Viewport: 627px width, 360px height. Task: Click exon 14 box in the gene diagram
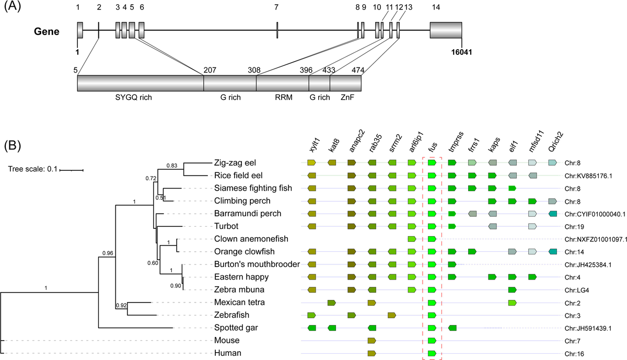coord(446,30)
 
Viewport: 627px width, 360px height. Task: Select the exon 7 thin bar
coord(277,30)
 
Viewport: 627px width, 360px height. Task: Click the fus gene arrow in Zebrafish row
coord(432,315)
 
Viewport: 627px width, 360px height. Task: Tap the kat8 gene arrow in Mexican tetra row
coord(331,303)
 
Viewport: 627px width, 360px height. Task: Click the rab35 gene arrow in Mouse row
coord(371,341)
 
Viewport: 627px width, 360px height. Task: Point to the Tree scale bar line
coord(71,170)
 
